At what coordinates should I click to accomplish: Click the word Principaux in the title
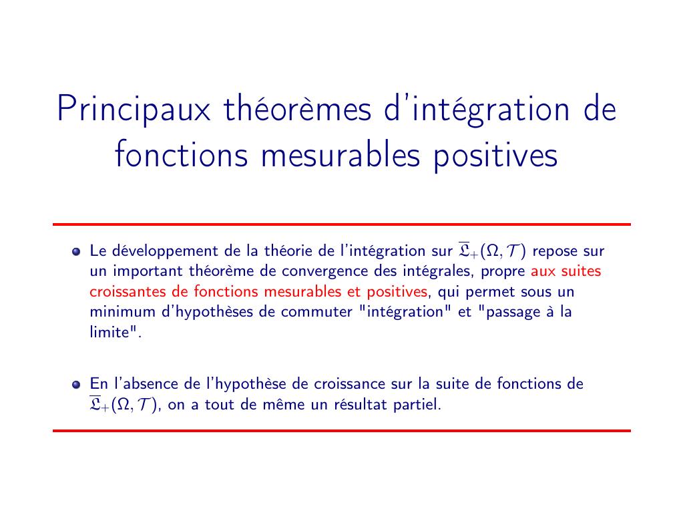tap(134, 110)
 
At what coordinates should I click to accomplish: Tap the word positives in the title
tap(495, 156)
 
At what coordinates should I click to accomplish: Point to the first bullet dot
tap(76, 252)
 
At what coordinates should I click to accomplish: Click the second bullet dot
tap(76, 384)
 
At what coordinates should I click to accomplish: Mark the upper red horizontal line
tap(342, 224)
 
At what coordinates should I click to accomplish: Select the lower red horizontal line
tap(342, 430)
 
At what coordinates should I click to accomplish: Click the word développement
tap(165, 251)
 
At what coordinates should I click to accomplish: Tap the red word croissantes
tap(128, 291)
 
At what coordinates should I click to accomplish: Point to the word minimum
tap(123, 311)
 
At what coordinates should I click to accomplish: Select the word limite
tap(109, 332)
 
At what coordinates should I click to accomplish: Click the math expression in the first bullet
tap(492, 250)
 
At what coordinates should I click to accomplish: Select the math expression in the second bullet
tap(124, 404)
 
